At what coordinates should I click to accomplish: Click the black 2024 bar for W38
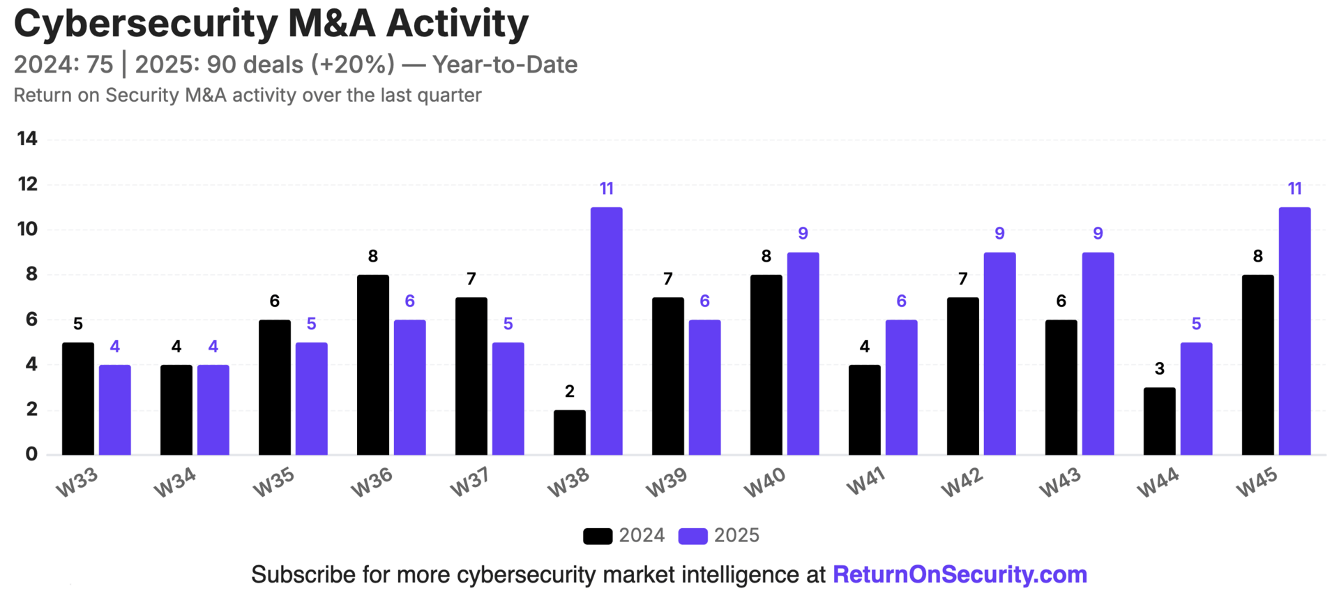[569, 433]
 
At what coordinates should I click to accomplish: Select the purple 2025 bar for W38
[606, 331]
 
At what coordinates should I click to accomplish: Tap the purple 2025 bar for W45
[1294, 331]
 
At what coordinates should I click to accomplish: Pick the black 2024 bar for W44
[1159, 421]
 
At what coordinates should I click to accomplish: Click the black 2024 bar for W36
[372, 365]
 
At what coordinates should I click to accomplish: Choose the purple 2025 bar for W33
[114, 410]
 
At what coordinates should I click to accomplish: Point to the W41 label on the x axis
[865, 481]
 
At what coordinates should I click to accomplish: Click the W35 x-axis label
[274, 481]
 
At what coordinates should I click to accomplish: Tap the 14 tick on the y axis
[27, 139]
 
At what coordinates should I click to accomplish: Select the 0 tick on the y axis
[31, 454]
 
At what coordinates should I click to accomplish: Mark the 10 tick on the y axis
[27, 229]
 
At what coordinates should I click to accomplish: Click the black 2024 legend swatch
[598, 536]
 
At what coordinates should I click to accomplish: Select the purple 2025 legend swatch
[693, 536]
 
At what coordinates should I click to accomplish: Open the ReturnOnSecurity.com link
[960, 574]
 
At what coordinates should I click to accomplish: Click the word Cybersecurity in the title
[146, 24]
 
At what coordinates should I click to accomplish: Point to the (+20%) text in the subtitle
[352, 64]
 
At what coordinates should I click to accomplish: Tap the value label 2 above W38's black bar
[569, 391]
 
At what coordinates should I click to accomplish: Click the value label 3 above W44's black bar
[1159, 369]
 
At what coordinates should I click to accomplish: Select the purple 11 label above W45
[1294, 188]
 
